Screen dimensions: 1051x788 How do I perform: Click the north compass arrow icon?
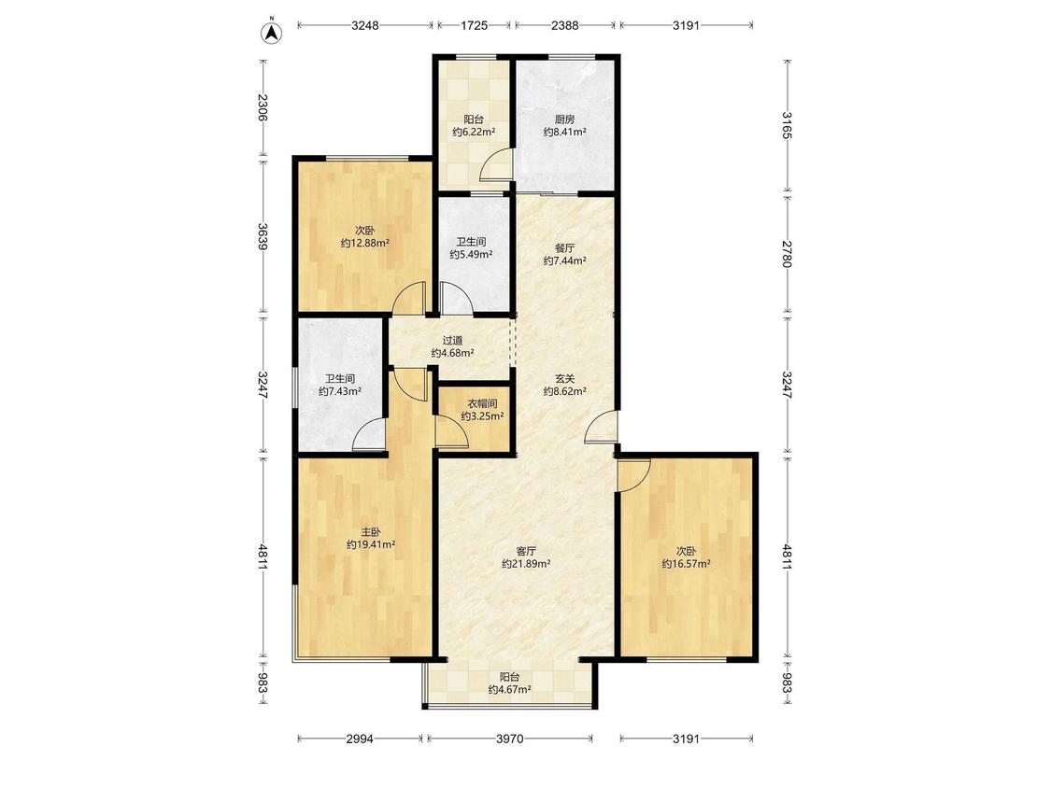[x=272, y=32]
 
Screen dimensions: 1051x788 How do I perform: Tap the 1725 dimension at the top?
[x=474, y=25]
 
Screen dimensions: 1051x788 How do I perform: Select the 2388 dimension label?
[x=565, y=25]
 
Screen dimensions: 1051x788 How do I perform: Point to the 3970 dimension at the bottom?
[x=509, y=739]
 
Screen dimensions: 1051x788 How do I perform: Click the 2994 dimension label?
[x=360, y=739]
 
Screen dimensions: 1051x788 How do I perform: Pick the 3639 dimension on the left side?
[x=263, y=236]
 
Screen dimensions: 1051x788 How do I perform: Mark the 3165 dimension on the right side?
[x=787, y=126]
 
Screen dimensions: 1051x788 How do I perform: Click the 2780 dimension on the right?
[x=787, y=254]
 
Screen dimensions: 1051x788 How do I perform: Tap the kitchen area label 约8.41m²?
[x=565, y=133]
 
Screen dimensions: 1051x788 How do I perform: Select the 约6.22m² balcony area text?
[x=474, y=133]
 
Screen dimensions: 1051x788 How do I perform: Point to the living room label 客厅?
[x=526, y=551]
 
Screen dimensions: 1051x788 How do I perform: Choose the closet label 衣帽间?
[x=483, y=403]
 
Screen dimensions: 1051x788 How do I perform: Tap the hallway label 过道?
[x=452, y=341]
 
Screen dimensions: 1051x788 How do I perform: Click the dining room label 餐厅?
[x=565, y=247]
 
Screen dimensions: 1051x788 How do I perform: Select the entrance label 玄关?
[x=565, y=378]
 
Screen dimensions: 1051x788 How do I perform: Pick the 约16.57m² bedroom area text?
[x=687, y=564]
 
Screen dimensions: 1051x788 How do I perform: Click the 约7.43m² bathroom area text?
[x=340, y=391]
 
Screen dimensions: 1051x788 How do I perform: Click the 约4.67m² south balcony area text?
[x=509, y=689]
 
